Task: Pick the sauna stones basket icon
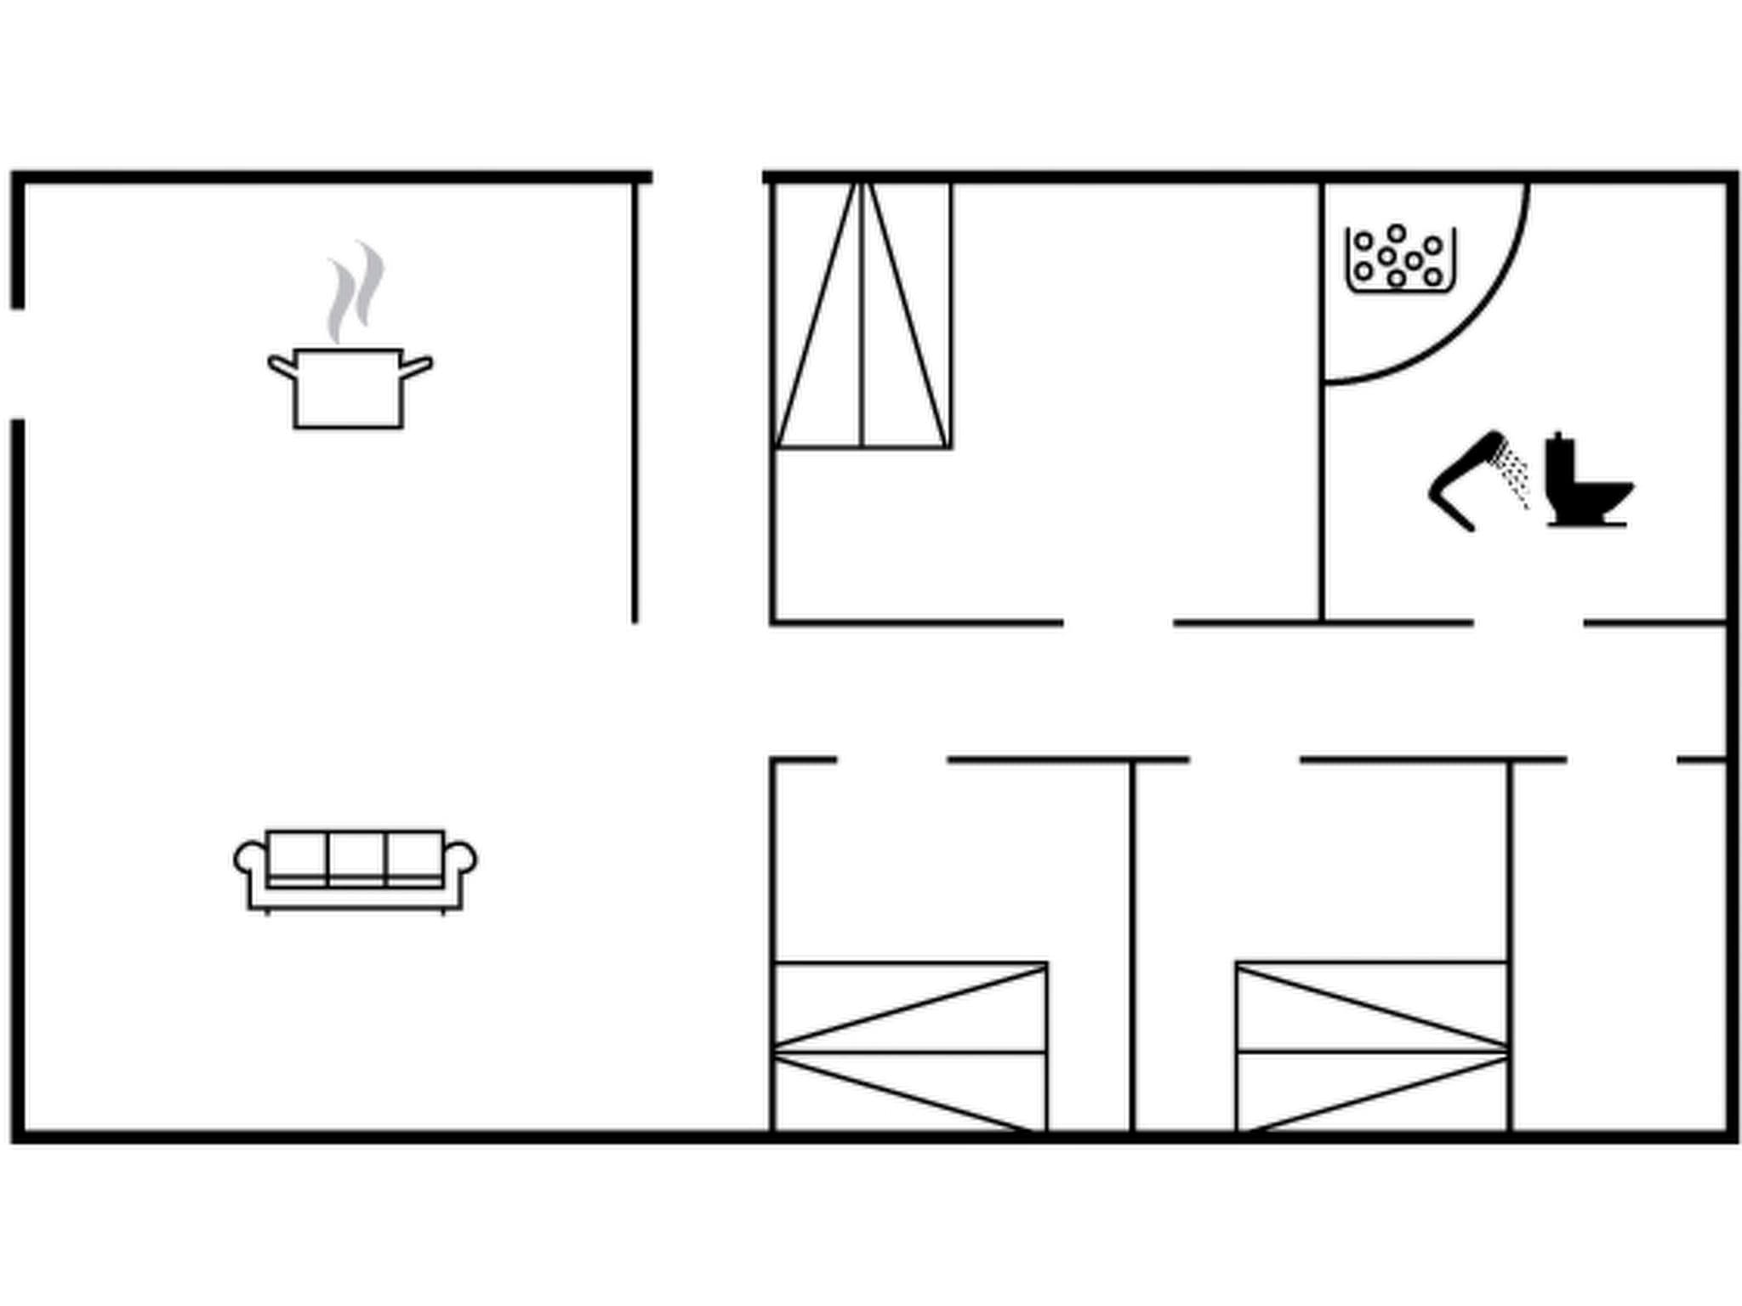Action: [x=1400, y=259]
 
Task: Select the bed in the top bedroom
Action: [x=862, y=315]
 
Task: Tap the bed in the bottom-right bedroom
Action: [x=1373, y=1048]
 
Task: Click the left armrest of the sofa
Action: [x=249, y=859]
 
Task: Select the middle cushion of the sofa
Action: [x=356, y=857]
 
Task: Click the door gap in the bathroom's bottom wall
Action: [x=1528, y=623]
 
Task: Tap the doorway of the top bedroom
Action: [x=1118, y=623]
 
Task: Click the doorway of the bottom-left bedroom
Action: [x=892, y=759]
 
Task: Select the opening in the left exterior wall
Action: [x=18, y=364]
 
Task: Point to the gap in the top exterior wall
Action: [x=707, y=177]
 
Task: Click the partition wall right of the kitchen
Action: [x=635, y=400]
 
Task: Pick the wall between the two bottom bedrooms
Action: [x=1132, y=944]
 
